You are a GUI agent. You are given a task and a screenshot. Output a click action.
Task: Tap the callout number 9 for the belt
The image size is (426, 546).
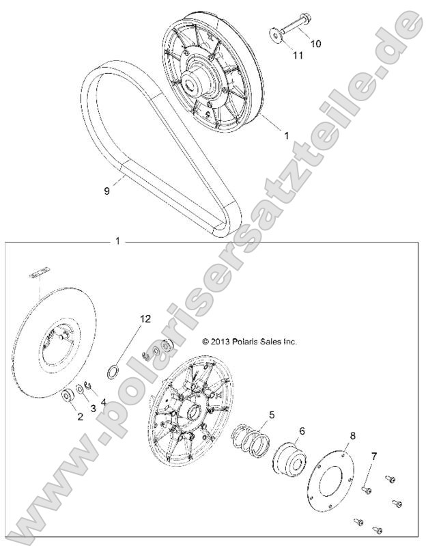106,193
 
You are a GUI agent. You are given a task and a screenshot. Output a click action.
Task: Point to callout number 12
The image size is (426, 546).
144,318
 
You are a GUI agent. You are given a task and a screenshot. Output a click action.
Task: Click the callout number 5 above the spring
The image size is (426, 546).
271,414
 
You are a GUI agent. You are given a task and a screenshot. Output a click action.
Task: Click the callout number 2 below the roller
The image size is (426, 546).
79,417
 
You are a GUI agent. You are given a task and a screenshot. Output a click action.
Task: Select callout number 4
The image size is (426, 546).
103,402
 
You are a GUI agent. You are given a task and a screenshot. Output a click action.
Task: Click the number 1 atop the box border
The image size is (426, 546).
117,241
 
